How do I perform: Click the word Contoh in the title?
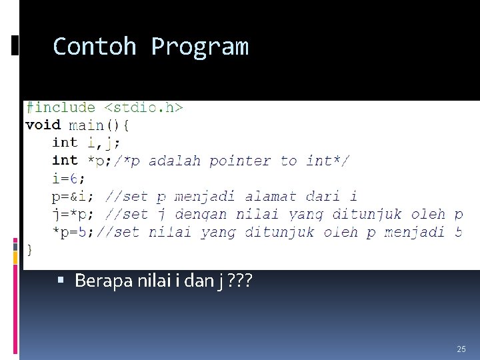tap(94, 47)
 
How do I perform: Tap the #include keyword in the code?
tap(60, 107)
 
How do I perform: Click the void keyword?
tap(43, 125)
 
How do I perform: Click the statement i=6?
tap(69, 179)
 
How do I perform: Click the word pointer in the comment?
tap(241, 161)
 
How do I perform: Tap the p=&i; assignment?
tap(73, 197)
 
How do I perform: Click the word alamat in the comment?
tap(271, 197)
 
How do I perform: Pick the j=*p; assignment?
tap(73, 215)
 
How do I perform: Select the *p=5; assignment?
tap(73, 232)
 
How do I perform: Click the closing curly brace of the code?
tap(29, 249)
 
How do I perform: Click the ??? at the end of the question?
tap(240, 281)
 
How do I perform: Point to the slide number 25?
tap(461, 349)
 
